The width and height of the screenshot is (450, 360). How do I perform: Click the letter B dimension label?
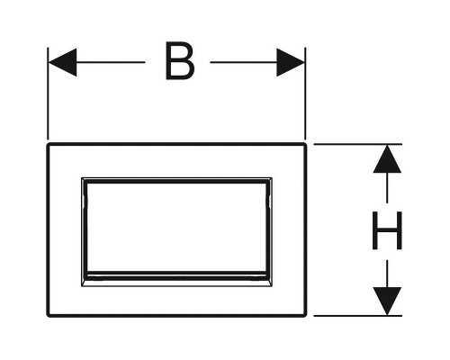click(x=180, y=61)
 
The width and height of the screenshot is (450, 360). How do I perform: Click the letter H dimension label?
click(x=387, y=230)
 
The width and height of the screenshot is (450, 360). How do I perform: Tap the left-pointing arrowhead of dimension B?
click(x=62, y=62)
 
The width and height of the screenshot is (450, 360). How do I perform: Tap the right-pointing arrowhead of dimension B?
click(x=291, y=62)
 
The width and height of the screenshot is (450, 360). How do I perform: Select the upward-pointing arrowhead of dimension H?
click(x=387, y=158)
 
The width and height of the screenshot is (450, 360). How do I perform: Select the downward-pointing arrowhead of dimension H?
click(x=387, y=301)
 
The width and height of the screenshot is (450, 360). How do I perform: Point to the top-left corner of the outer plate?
click(x=48, y=144)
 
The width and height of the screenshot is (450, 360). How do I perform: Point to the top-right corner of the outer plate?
click(x=306, y=144)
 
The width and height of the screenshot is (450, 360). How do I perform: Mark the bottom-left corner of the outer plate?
click(x=48, y=316)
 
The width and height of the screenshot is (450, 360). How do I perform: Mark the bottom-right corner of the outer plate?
click(x=306, y=316)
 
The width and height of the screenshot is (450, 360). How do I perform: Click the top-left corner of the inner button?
click(x=82, y=178)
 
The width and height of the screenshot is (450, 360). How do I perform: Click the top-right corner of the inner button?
click(x=272, y=178)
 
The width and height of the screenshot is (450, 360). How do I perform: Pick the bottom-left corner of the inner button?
click(x=82, y=286)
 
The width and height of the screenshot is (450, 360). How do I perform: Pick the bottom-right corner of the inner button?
click(x=272, y=286)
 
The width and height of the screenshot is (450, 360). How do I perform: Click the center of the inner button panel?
click(x=176, y=228)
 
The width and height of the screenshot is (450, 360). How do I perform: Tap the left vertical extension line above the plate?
click(x=48, y=94)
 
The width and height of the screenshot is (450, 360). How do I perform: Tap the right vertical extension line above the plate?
click(x=305, y=94)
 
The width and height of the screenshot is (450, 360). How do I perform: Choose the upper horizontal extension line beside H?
click(x=358, y=144)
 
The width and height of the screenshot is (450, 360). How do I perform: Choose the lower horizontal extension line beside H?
click(x=358, y=316)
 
